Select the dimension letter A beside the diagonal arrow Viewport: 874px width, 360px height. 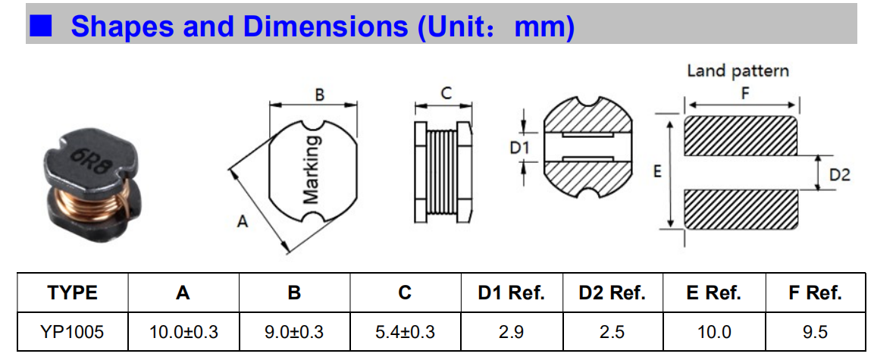click(242, 222)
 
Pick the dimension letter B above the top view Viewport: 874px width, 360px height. click(319, 95)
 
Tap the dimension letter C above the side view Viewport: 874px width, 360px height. click(446, 94)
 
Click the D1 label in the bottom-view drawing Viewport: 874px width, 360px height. click(519, 148)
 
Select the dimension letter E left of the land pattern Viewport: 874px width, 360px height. click(658, 172)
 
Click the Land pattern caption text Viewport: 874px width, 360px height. click(738, 71)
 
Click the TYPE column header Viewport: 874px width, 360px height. click(73, 293)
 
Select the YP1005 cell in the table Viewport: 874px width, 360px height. click(73, 332)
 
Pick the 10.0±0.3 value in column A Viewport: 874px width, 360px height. click(183, 332)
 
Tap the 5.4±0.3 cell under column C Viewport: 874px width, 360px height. click(406, 332)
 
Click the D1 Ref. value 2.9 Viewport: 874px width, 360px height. click(511, 332)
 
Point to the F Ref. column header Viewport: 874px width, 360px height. click(815, 293)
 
